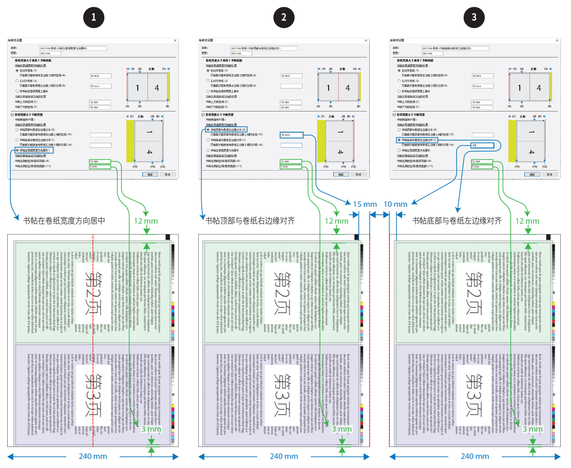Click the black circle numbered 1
click(x=94, y=17)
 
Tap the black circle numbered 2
click(x=284, y=17)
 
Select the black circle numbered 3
click(x=474, y=17)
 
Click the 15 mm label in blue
click(x=365, y=204)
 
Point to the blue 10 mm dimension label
click(x=396, y=204)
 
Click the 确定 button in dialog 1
click(x=150, y=174)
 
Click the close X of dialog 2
click(x=366, y=40)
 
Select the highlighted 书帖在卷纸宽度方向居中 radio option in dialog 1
click(x=17, y=150)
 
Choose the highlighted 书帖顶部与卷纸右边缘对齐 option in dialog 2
click(x=208, y=130)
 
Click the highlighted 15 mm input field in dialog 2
click(x=291, y=135)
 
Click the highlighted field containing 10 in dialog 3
click(x=482, y=145)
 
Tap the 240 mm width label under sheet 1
click(x=93, y=456)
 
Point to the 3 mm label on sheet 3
click(x=533, y=429)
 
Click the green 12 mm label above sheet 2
click(x=337, y=221)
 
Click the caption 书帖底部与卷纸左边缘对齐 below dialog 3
click(x=457, y=221)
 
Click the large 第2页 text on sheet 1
click(x=93, y=293)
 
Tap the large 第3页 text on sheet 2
click(x=282, y=395)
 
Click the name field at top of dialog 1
click(x=73, y=48)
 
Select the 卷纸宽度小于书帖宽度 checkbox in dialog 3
click(x=394, y=115)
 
